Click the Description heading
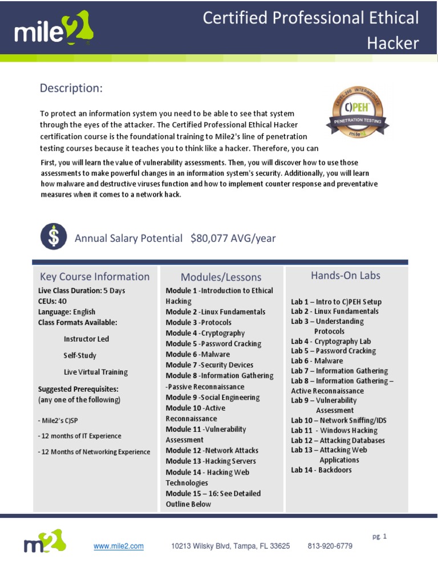(x=71, y=88)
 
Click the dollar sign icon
(x=53, y=237)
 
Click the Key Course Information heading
(x=95, y=277)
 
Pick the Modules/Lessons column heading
(x=221, y=277)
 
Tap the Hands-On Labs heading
(x=346, y=275)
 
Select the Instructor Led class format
(x=86, y=339)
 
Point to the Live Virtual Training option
(x=95, y=372)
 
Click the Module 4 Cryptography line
(x=205, y=333)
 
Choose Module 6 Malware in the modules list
(x=198, y=354)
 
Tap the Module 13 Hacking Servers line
(x=211, y=461)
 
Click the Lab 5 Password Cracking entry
(x=334, y=351)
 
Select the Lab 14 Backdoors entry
(x=321, y=470)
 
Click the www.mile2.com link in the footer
(x=119, y=546)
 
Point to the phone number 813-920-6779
(x=330, y=546)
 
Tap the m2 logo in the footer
(x=44, y=542)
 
